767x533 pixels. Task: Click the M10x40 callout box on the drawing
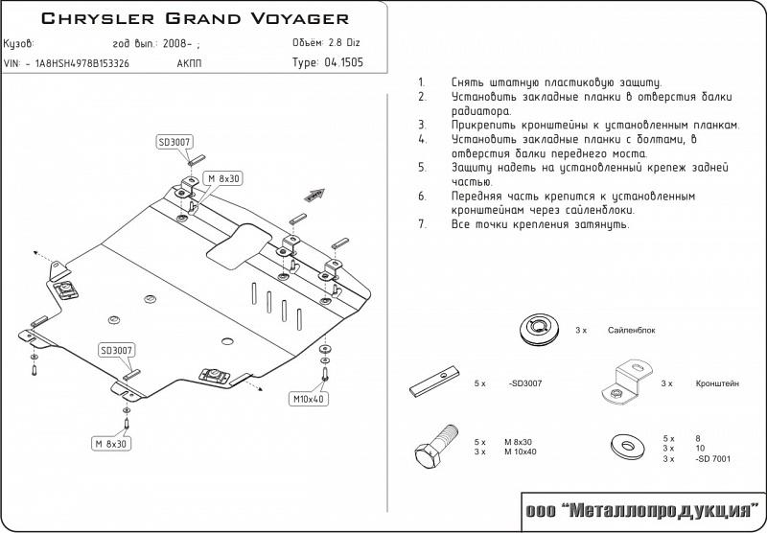307,397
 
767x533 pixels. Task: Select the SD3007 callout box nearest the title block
174,141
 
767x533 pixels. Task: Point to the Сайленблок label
632,330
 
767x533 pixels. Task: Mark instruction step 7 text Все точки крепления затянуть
539,224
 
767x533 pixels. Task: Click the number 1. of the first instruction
422,83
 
